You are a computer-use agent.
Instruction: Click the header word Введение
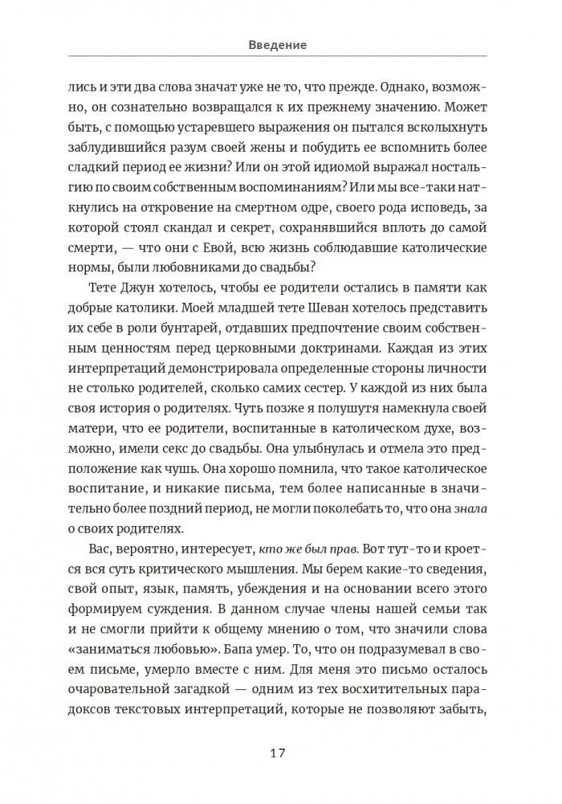(x=277, y=46)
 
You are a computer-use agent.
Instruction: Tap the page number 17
(x=277, y=753)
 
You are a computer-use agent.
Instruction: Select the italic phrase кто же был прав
(x=307, y=549)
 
